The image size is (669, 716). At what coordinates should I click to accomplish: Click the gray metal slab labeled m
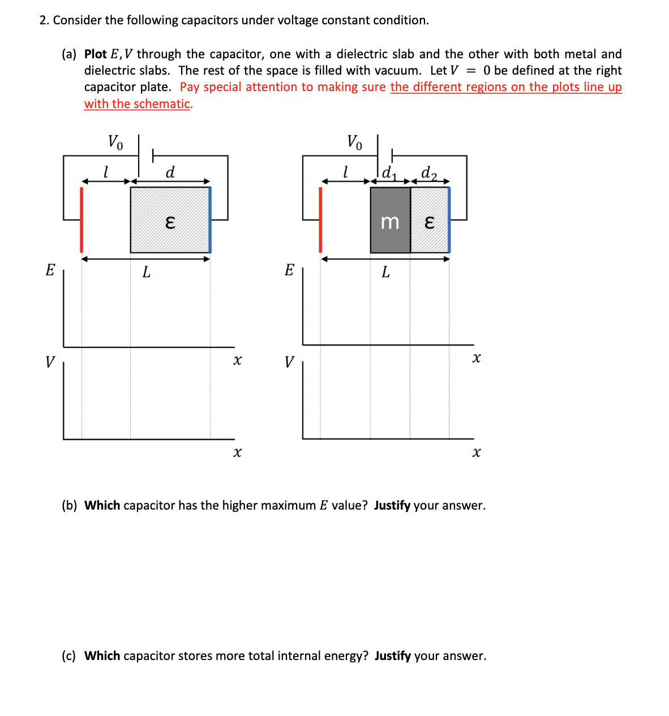(390, 220)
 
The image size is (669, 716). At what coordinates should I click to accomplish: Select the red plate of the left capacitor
(82, 220)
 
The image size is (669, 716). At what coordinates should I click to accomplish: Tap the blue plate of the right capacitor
(449, 220)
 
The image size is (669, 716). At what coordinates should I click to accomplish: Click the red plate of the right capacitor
(320, 220)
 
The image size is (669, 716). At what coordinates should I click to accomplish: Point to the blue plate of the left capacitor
(210, 220)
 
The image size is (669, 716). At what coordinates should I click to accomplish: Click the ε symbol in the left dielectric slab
(169, 223)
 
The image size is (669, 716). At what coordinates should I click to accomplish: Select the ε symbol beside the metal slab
(429, 223)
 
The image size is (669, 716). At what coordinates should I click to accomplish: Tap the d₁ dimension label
(388, 172)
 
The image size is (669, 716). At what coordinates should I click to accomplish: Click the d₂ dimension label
(429, 172)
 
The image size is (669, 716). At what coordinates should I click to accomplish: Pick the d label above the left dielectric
(170, 171)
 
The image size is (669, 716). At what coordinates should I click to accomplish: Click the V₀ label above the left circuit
(115, 141)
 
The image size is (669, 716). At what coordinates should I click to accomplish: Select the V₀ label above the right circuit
(354, 141)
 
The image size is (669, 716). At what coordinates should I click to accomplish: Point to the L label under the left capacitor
(146, 273)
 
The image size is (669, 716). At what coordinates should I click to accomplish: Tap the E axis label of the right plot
(289, 270)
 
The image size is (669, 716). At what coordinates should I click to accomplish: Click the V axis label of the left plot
(50, 361)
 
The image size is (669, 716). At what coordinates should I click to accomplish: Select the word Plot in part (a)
(96, 54)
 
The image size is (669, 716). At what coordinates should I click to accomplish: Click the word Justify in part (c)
(392, 656)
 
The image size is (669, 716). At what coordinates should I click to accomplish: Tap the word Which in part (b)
(102, 506)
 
